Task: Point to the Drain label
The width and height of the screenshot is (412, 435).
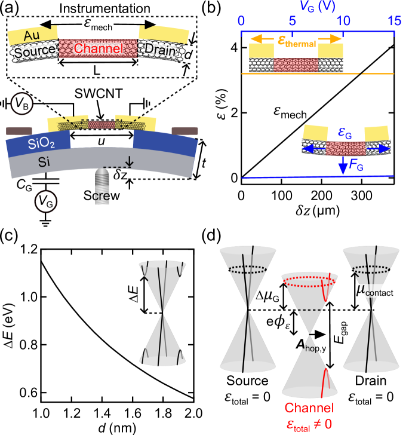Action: point(160,50)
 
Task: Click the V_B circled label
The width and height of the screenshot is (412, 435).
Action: point(21,105)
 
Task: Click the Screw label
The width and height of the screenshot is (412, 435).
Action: point(102,195)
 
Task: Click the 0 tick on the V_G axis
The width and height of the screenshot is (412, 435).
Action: point(241,21)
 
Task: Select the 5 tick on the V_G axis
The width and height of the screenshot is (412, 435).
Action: point(292,21)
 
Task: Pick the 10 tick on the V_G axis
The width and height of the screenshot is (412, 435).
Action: point(343,21)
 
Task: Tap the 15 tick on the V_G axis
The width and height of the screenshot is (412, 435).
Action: point(394,21)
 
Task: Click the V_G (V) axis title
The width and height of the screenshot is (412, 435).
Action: point(317,7)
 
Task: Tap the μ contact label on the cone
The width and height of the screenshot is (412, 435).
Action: point(374,291)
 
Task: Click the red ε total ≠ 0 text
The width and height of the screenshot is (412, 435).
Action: point(308,423)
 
